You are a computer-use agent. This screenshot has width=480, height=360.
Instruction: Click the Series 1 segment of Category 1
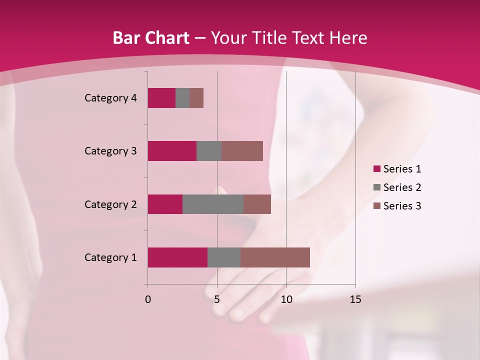point(177,257)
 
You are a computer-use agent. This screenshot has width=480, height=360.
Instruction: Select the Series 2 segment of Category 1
point(224,257)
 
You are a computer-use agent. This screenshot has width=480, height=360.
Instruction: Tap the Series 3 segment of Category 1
point(275,257)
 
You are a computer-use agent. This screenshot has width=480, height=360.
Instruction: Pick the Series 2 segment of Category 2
point(213,204)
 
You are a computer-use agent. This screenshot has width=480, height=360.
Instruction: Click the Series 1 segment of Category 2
point(165,204)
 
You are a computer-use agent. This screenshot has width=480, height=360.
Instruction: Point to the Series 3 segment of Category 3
point(242,151)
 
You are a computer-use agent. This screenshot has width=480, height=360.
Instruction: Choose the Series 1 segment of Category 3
point(172,151)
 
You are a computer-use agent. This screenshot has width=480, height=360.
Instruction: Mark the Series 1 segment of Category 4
point(161,98)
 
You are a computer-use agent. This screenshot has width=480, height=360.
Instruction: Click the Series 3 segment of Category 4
point(196,98)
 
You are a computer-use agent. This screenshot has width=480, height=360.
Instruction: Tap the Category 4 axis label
point(110,98)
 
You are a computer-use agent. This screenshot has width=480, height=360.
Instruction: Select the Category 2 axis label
point(110,204)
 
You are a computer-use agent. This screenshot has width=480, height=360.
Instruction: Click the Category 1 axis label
point(110,257)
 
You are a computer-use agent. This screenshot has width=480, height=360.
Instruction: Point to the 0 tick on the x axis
point(148,299)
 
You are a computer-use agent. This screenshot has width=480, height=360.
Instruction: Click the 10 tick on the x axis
point(286,299)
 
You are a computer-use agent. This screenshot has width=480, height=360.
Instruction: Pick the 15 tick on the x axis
point(355,299)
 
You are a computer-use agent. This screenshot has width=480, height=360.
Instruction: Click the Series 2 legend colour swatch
point(377,187)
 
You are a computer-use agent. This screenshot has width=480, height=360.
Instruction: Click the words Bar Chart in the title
point(151,38)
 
